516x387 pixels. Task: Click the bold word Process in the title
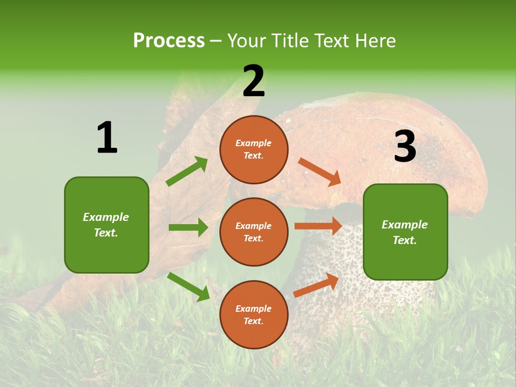(169, 40)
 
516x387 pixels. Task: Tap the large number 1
(107, 138)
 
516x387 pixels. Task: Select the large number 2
(254, 82)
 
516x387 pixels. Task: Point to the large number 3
(405, 147)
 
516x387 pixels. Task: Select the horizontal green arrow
(188, 227)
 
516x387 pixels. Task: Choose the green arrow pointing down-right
(189, 286)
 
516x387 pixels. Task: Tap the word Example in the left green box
(106, 217)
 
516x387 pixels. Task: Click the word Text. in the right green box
(405, 240)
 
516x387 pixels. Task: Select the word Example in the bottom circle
(254, 309)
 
